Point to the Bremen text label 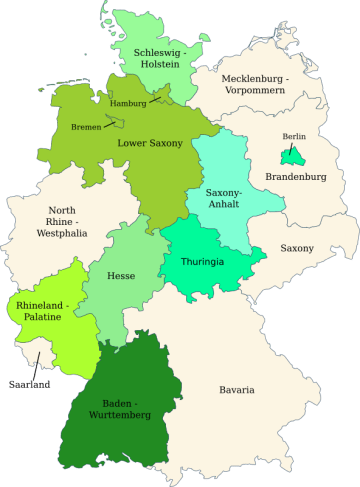pos(86,127)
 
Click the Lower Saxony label pos(150,143)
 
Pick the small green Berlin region pos(291,156)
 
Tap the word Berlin pos(294,136)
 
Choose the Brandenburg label pos(296,177)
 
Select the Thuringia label pos(202,262)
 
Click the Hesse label pos(121,275)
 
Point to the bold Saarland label pos(29,384)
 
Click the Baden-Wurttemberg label pos(120,407)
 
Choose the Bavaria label pos(237,389)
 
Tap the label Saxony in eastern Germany pos(297,248)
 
